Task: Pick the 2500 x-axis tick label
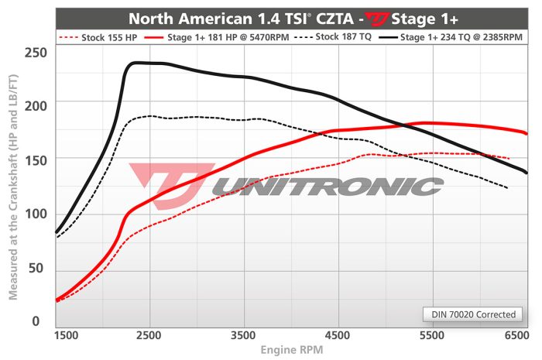148,335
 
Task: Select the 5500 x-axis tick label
433,335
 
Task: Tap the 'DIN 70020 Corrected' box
472,314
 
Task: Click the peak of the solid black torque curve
138,63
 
